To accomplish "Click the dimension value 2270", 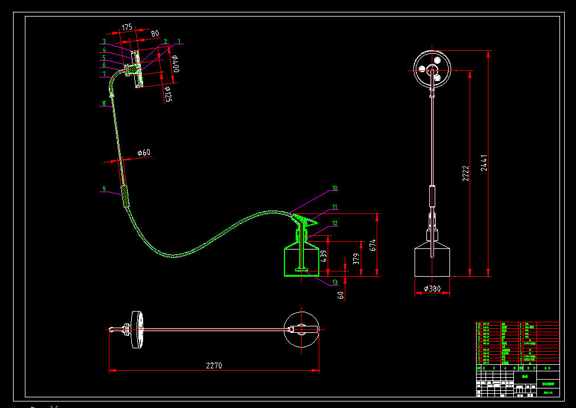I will (x=214, y=365).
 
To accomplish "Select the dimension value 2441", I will (x=484, y=163).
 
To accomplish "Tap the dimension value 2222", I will (x=465, y=173).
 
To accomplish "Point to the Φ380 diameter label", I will (x=432, y=289).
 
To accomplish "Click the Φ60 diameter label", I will (x=144, y=153).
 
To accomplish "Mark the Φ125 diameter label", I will (x=167, y=93).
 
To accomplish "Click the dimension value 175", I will (x=127, y=27).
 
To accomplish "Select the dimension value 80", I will (x=155, y=34).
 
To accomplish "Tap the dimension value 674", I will (x=373, y=244).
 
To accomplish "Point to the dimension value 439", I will (x=323, y=255).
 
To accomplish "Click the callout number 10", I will (x=335, y=189).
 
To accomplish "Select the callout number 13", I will (x=335, y=282).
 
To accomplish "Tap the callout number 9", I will (x=104, y=189).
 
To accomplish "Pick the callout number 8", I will (x=104, y=103).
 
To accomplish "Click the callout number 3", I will (x=104, y=42).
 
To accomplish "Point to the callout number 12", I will (x=335, y=224).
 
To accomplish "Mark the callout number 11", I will (x=335, y=207).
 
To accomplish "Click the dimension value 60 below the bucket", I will (x=341, y=294).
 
